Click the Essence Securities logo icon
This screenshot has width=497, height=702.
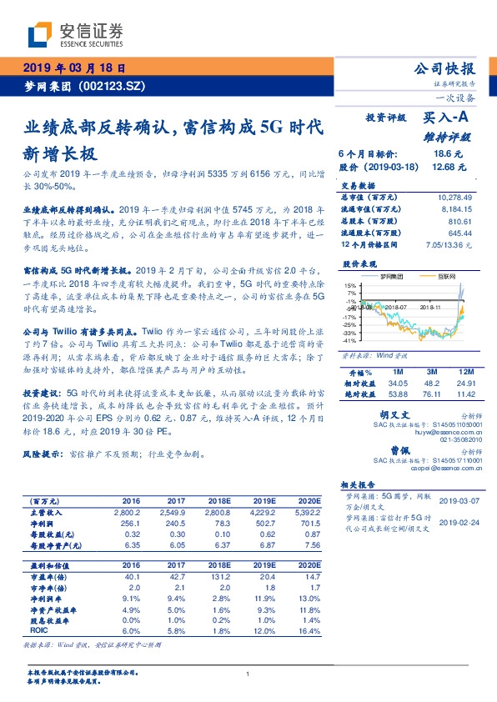[40, 35]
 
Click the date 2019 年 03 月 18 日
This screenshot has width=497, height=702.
[74, 68]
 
